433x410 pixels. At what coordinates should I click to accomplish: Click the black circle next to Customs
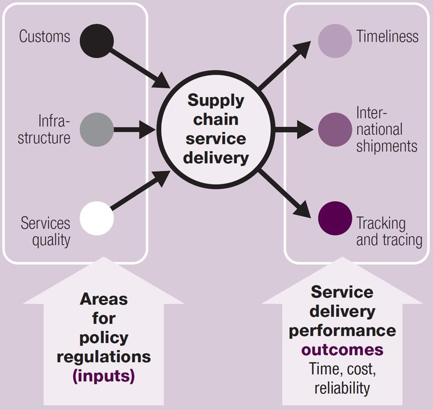point(97,41)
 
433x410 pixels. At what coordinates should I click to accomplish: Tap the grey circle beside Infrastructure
point(97,129)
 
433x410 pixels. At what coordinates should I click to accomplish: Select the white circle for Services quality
point(97,219)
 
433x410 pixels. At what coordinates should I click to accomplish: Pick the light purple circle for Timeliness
point(335,41)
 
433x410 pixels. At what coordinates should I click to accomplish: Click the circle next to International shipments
point(335,129)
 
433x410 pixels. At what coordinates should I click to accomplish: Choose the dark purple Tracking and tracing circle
point(335,218)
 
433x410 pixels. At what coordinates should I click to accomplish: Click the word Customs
point(44,36)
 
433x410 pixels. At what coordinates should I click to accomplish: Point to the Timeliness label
point(387,36)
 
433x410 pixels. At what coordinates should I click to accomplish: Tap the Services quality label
point(45,231)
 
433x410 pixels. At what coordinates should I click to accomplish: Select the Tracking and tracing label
point(389,231)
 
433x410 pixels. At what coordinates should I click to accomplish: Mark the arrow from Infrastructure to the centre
point(134,129)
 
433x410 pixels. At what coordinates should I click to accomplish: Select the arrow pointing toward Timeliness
point(285,66)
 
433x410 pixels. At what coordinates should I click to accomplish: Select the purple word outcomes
point(342,350)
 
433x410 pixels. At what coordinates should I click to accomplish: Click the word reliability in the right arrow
point(342,388)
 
